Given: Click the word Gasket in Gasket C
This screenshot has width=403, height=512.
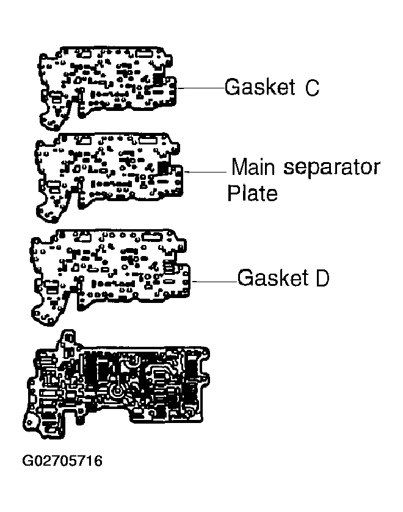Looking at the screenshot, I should tap(260, 87).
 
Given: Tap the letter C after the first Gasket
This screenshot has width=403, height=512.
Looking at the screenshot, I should tap(311, 88).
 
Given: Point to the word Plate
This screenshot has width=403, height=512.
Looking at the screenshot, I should tap(252, 193).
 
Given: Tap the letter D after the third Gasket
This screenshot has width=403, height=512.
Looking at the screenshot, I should tap(322, 279).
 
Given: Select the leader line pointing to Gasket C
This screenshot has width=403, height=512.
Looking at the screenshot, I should tap(201, 88).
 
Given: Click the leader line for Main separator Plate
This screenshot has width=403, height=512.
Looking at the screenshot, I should tap(206, 172).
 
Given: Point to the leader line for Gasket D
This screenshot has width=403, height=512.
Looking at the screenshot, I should tap(214, 282).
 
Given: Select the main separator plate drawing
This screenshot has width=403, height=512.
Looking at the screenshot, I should tap(107, 171).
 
